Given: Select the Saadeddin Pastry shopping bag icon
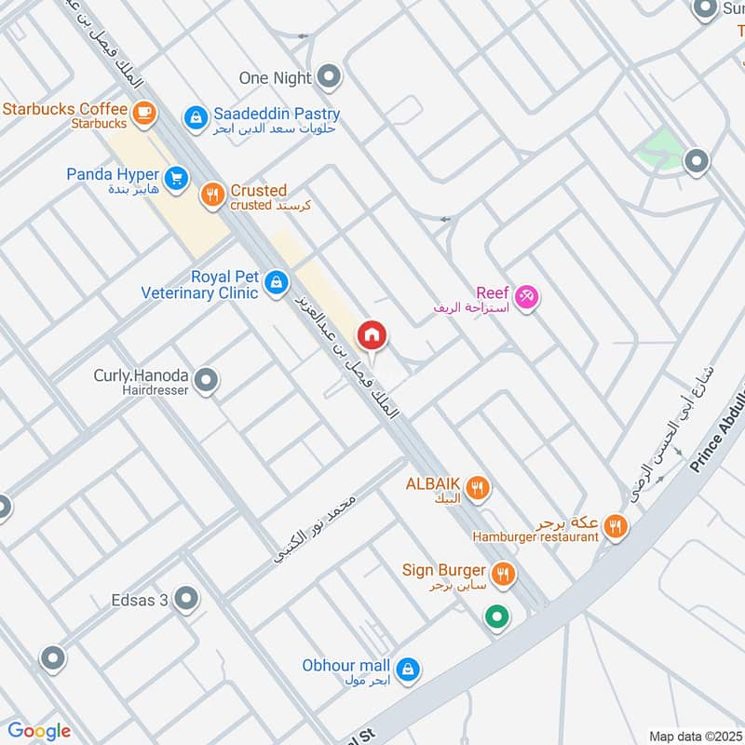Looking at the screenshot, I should coord(195,116).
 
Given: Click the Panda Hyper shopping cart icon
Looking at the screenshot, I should coord(174,177).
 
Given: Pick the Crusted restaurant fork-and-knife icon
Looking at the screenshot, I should coord(212,194).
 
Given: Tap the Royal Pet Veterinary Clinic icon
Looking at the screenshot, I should coord(276,281).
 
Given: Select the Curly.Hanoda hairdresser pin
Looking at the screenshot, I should coord(207,379).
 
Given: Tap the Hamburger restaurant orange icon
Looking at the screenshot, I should coord(615,527).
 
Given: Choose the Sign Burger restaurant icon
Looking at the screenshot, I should coord(503,574).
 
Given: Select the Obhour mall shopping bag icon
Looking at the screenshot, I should coord(407,669).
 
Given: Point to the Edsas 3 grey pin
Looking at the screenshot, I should coord(186,599).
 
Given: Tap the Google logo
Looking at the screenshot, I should coord(39,731).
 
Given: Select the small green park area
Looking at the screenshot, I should coord(661,147).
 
